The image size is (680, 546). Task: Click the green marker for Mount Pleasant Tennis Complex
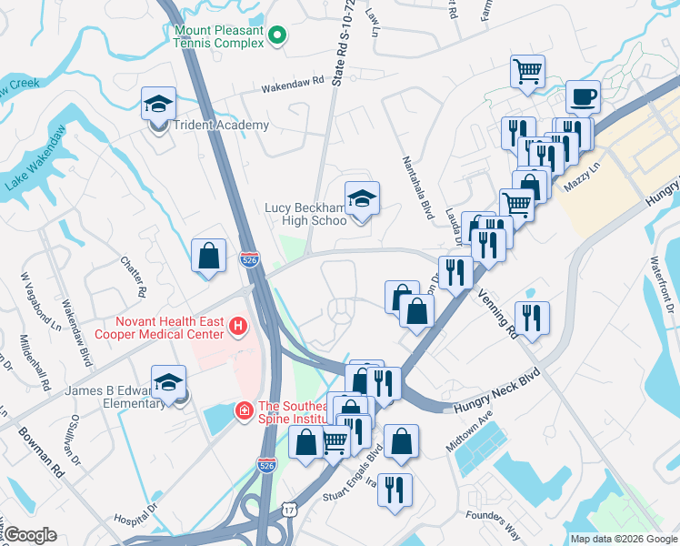tap(279, 36)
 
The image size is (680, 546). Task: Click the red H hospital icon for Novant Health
tap(238, 325)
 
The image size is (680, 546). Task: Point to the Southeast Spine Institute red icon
tap(244, 413)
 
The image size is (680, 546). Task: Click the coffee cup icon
tap(583, 97)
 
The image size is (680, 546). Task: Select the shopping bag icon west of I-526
tap(208, 256)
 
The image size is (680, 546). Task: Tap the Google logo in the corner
tap(30, 535)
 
